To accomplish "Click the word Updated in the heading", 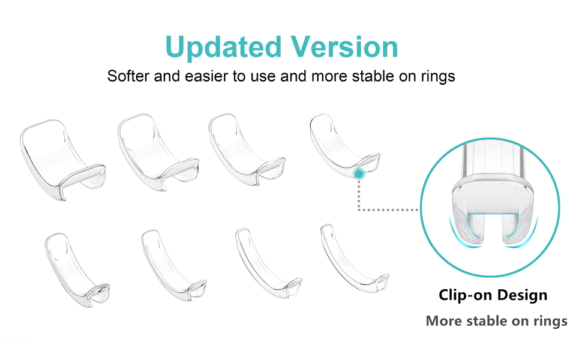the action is pyautogui.click(x=223, y=47).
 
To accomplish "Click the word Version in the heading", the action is pyautogui.click(x=344, y=47).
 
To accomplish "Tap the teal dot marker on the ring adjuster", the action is pyautogui.click(x=359, y=173).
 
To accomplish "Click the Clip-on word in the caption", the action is pyautogui.click(x=465, y=295).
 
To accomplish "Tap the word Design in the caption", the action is pyautogui.click(x=522, y=295).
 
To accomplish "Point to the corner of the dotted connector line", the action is pyautogui.click(x=359, y=210).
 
